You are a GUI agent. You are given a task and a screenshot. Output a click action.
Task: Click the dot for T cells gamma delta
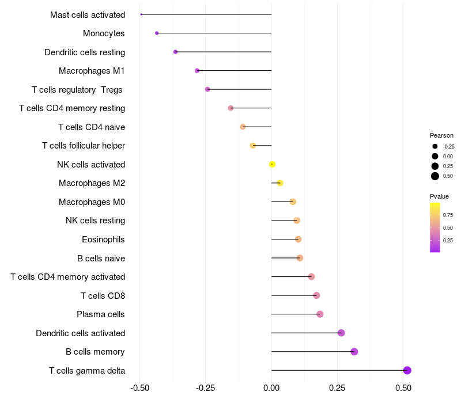point(407,370)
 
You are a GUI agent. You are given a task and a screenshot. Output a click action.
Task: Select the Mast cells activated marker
point(141,14)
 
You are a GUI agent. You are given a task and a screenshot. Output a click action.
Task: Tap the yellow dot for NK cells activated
point(272,165)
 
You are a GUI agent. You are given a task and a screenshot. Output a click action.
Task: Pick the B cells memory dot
point(354,352)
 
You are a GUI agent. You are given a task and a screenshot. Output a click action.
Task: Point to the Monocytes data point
point(157,33)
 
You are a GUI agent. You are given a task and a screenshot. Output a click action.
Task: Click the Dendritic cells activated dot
point(341,333)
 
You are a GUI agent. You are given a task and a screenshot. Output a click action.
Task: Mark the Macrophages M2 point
point(280,183)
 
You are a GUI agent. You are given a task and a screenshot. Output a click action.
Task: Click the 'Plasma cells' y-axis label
point(101,314)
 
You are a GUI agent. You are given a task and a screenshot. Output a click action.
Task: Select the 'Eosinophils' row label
point(104,239)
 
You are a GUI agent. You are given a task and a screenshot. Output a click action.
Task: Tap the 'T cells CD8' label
point(103,296)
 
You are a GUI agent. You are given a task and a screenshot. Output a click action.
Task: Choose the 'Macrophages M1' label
point(92,71)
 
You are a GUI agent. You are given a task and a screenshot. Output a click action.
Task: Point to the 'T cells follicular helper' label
point(84,146)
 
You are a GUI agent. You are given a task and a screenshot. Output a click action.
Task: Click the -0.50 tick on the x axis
point(139,389)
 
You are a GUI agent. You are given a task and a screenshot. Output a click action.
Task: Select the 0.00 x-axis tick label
point(271,389)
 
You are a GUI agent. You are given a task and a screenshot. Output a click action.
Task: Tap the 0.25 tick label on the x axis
point(338,389)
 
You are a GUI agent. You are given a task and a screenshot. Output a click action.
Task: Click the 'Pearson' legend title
point(441,135)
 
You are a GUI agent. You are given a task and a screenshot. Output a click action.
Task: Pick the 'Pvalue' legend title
point(439,196)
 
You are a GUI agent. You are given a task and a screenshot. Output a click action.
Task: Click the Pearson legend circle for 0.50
point(435,176)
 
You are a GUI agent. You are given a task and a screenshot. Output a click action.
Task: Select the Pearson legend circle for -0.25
point(435,146)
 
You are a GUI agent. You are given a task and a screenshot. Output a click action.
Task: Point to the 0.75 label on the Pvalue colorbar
point(448,215)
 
